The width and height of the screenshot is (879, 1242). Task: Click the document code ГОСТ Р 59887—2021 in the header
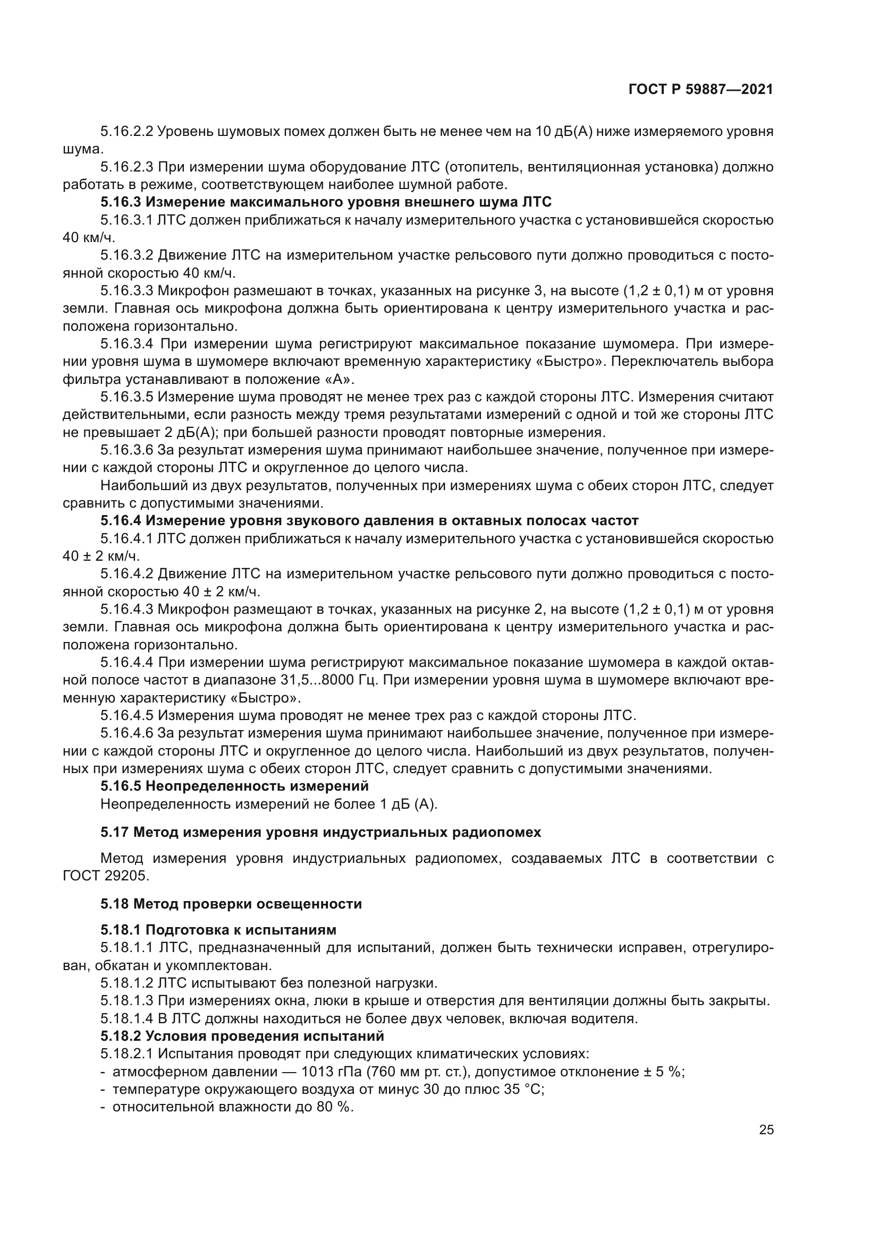tap(700, 90)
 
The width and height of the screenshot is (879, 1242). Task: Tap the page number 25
tap(766, 1130)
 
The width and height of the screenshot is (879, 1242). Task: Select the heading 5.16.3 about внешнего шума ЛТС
tap(326, 202)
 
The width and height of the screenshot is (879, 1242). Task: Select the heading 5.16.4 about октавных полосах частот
tap(369, 520)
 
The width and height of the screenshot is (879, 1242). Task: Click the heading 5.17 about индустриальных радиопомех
tap(320, 832)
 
